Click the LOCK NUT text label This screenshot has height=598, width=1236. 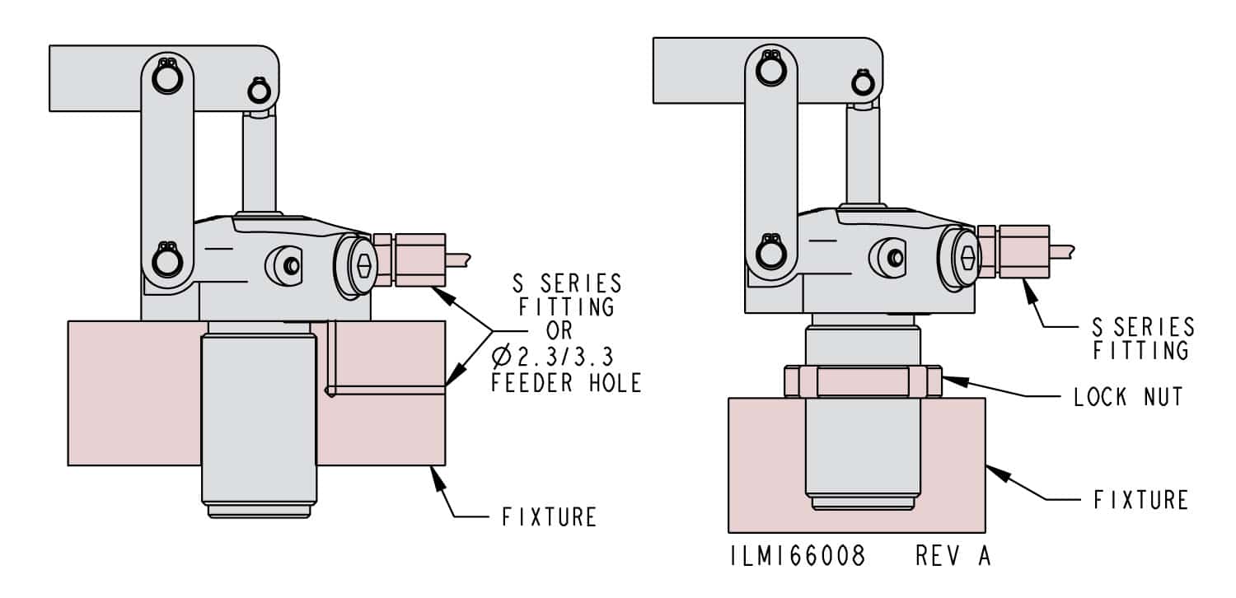(x=1128, y=397)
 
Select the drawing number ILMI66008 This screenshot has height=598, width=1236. (x=797, y=556)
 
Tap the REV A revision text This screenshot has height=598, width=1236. (x=953, y=556)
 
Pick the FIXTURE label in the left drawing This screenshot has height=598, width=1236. (x=549, y=518)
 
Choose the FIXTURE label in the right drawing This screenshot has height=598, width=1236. (x=1140, y=499)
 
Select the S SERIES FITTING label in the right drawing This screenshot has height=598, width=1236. (x=1142, y=338)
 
